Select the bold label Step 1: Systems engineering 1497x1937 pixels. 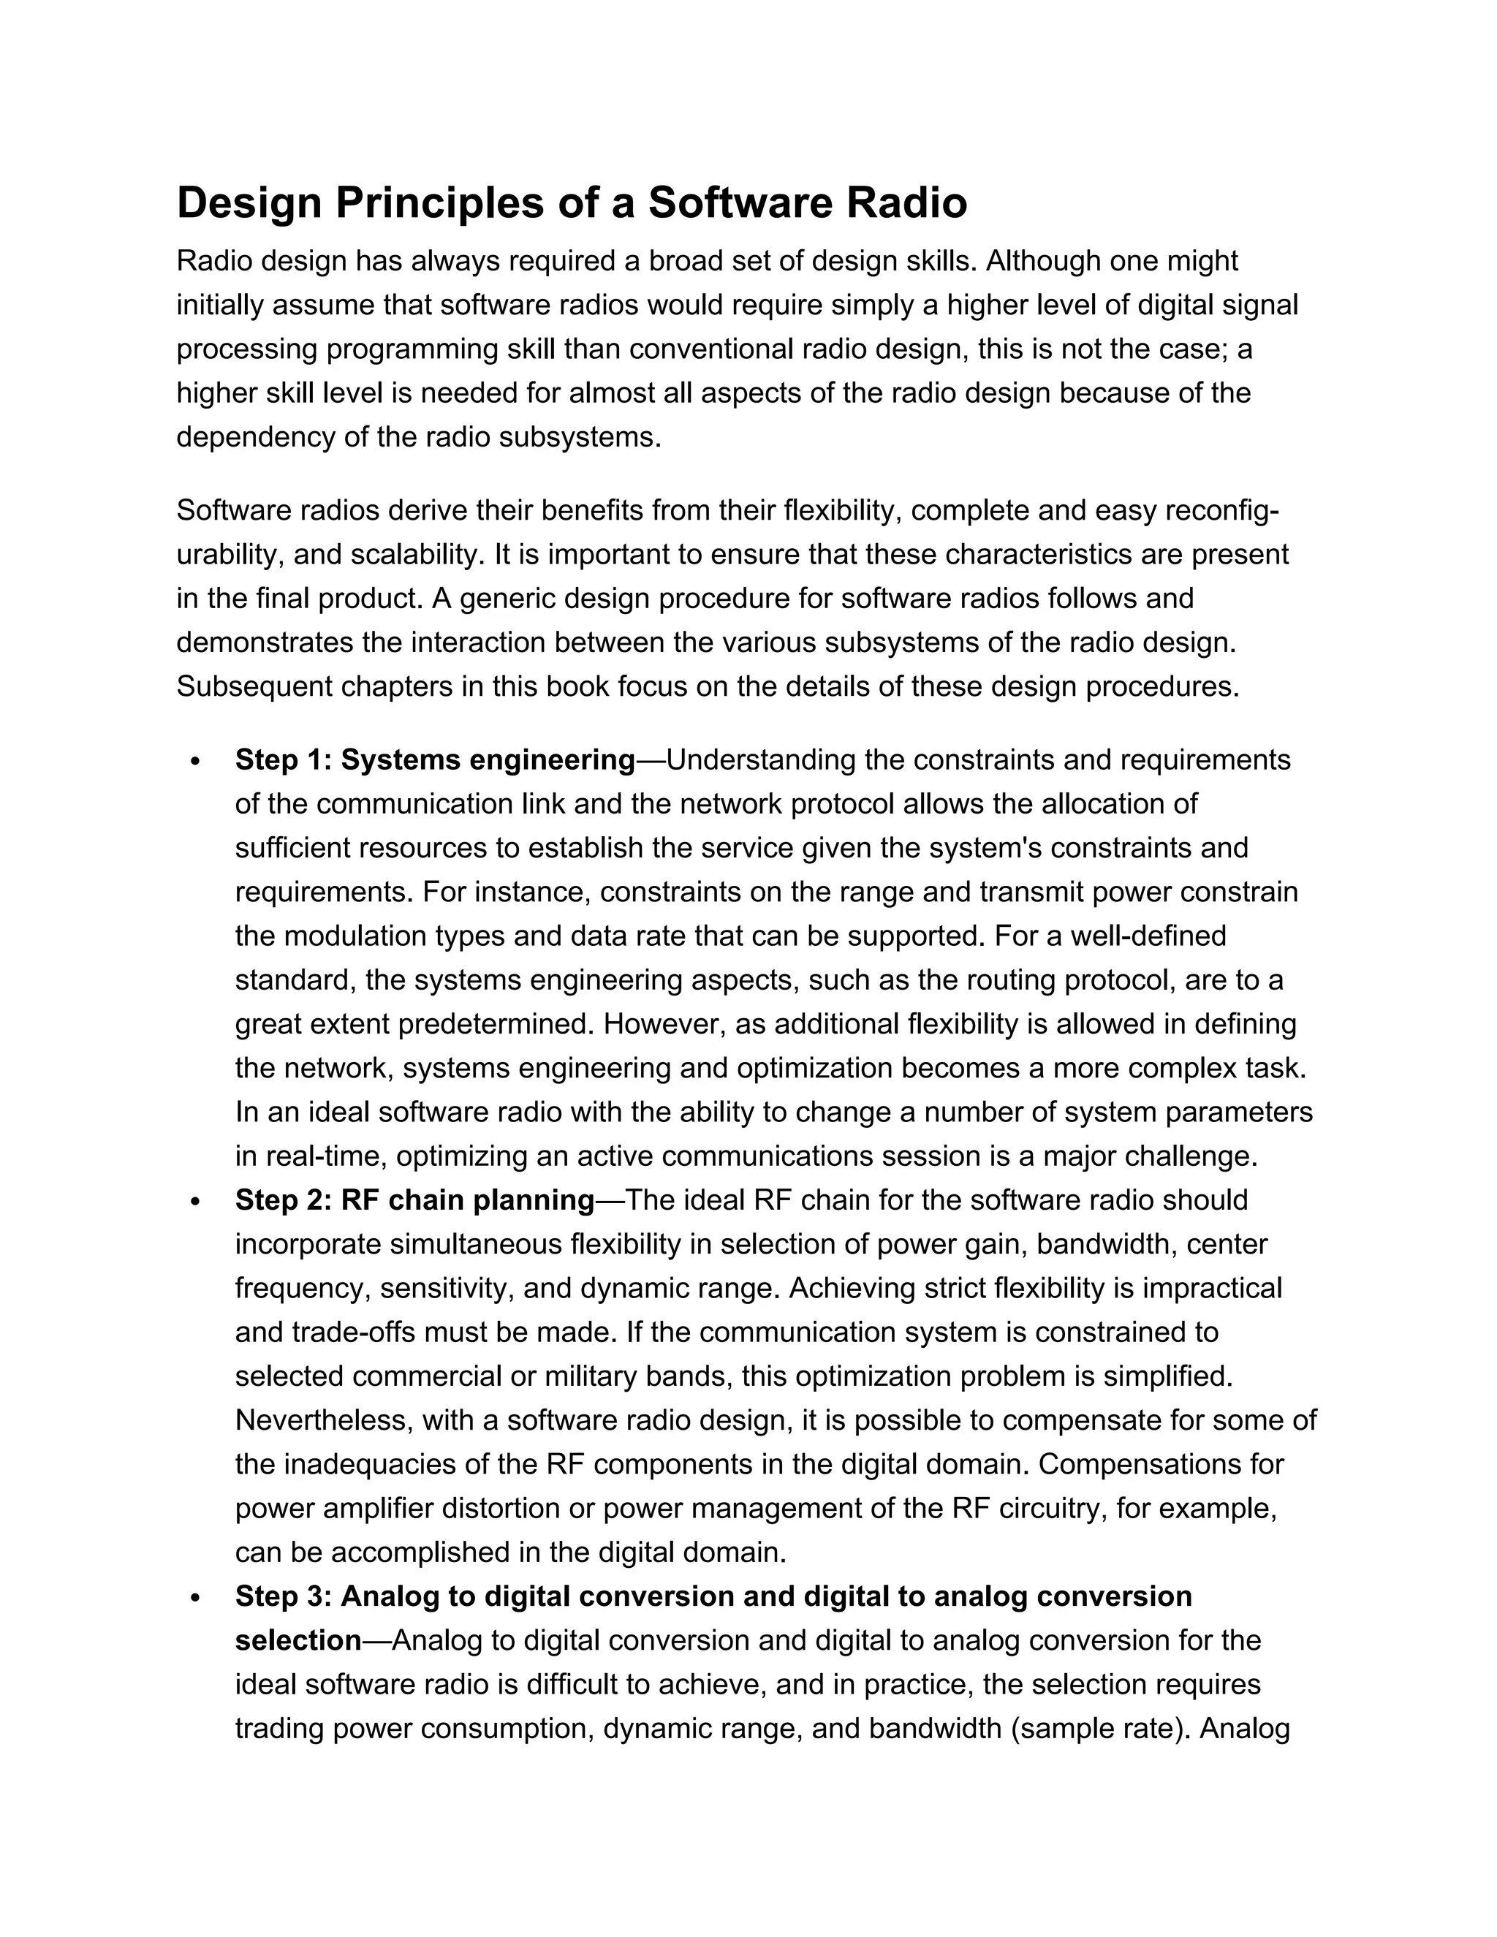point(435,760)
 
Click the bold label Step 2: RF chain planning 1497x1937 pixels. point(414,1200)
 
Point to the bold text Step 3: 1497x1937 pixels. point(284,1596)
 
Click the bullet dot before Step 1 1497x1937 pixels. point(196,762)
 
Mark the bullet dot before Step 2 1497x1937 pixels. point(196,1202)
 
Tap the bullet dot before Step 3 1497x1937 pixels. point(196,1598)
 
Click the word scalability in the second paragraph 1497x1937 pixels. point(412,554)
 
